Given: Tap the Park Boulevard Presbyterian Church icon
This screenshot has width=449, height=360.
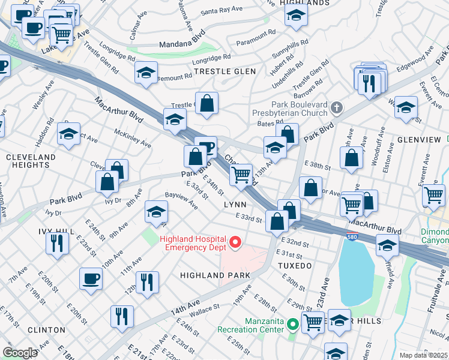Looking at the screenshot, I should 337,108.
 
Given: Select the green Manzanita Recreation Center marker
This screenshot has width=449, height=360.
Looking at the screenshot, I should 293,325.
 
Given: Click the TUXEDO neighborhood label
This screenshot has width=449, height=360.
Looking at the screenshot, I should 295,265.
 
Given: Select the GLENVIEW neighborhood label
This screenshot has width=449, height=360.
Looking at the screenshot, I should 420,139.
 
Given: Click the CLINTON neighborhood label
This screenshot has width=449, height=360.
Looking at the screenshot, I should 46,330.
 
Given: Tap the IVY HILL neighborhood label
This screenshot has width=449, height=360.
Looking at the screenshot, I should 20,230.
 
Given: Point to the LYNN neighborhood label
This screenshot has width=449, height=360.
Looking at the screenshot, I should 235,205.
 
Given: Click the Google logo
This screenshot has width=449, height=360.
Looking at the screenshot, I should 19,353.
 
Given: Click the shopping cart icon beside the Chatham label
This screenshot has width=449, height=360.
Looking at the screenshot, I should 241,175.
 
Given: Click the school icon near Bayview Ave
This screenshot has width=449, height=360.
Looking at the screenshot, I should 156,211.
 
